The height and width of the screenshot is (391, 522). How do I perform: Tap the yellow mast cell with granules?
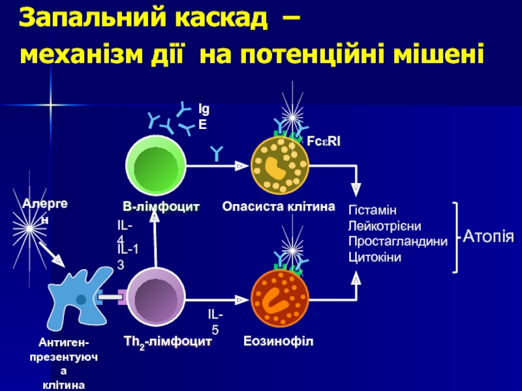click(280, 166)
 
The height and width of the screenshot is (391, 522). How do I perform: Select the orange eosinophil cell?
click(280, 297)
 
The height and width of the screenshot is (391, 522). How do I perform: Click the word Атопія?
click(489, 237)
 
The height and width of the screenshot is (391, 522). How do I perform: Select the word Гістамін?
click(373, 211)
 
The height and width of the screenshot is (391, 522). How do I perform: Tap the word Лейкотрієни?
click(385, 226)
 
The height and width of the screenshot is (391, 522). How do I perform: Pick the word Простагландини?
click(398, 242)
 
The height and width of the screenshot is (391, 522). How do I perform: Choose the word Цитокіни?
click(375, 257)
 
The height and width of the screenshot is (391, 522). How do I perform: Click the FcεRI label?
click(324, 140)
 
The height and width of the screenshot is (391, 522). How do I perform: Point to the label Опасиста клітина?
click(279, 207)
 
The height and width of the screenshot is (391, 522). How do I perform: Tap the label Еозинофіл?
click(279, 341)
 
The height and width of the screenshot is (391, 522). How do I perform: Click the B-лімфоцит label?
click(161, 207)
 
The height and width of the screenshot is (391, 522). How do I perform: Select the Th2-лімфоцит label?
click(168, 341)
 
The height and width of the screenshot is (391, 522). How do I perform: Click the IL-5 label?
click(216, 322)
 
